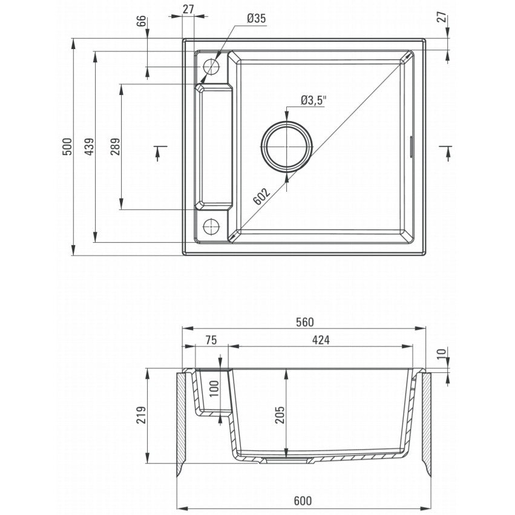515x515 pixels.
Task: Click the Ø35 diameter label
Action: pos(256,19)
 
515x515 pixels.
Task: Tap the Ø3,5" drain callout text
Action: pos(313,100)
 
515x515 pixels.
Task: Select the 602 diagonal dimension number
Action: pos(262,196)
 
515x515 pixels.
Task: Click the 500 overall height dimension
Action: pos(67,146)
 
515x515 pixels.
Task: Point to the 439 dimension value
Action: pos(89,146)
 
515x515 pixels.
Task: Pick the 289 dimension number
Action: pos(115,146)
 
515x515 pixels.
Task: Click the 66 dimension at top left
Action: pos(141,22)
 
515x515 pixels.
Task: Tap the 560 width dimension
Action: pos(305,322)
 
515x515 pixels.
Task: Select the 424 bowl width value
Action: pos(321,340)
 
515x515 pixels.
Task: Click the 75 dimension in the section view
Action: pos(211,340)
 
